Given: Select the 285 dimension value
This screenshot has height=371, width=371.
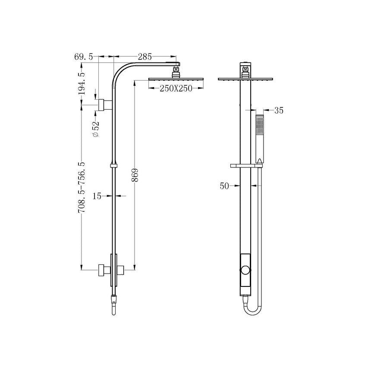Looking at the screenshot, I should pyautogui.click(x=145, y=57).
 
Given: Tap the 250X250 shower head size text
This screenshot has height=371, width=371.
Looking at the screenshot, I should pyautogui.click(x=176, y=88).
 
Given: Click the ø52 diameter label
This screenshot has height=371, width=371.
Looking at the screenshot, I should pyautogui.click(x=95, y=129).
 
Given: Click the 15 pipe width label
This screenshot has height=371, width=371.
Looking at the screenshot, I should pyautogui.click(x=97, y=196).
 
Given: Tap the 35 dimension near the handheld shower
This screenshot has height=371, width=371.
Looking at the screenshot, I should pyautogui.click(x=278, y=110).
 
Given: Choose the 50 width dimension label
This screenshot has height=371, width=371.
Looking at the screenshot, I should pyautogui.click(x=224, y=186).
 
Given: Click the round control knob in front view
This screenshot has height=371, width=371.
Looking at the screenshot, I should pyautogui.click(x=246, y=271).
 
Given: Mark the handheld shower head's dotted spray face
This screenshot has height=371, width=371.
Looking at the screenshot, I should pyautogui.click(x=260, y=126).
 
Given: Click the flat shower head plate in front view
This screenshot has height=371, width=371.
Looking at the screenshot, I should pyautogui.click(x=246, y=79).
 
